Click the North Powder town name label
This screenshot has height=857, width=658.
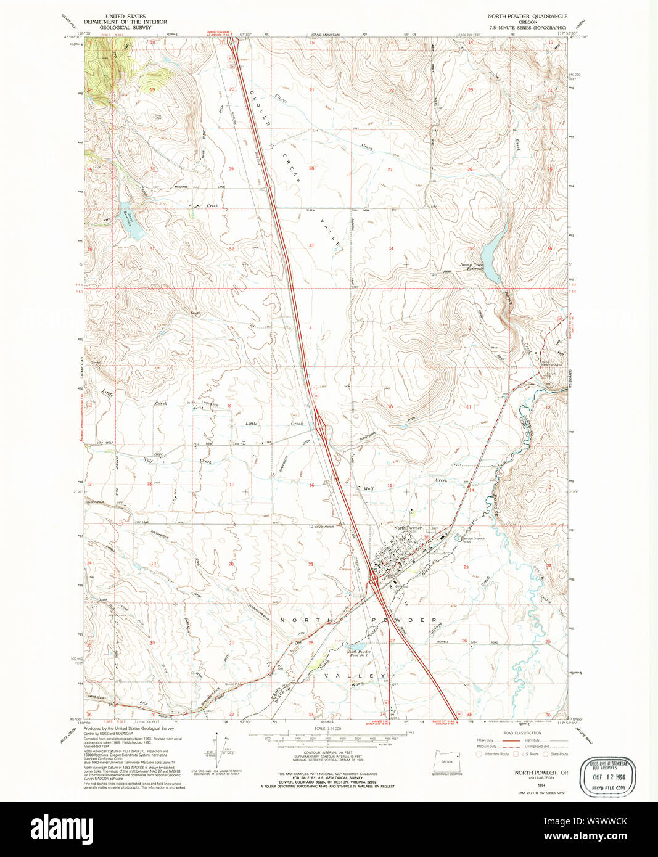408,528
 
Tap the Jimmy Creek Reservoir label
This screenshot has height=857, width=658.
471,267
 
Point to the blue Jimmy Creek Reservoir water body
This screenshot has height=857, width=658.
493,249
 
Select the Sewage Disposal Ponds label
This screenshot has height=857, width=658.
472,539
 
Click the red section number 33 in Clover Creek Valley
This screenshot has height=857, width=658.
311,245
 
